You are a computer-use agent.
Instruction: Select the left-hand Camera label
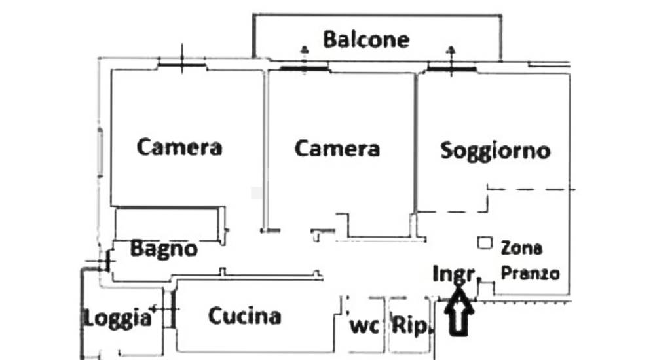point(179,147)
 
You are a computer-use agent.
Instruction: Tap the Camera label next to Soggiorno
point(337,148)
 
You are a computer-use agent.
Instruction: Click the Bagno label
point(163,249)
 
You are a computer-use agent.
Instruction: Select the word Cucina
point(244,316)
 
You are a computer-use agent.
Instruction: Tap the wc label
point(365,325)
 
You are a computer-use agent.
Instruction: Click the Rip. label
point(410,325)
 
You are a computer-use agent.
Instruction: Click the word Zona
point(521,248)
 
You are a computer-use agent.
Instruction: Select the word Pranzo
point(530,273)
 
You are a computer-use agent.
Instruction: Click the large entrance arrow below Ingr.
point(459,313)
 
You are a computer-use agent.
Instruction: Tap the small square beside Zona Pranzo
point(484,243)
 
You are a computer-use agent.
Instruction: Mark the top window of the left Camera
point(182,64)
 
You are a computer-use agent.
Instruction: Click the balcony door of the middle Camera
point(304,67)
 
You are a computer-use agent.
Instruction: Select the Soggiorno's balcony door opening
point(451,67)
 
